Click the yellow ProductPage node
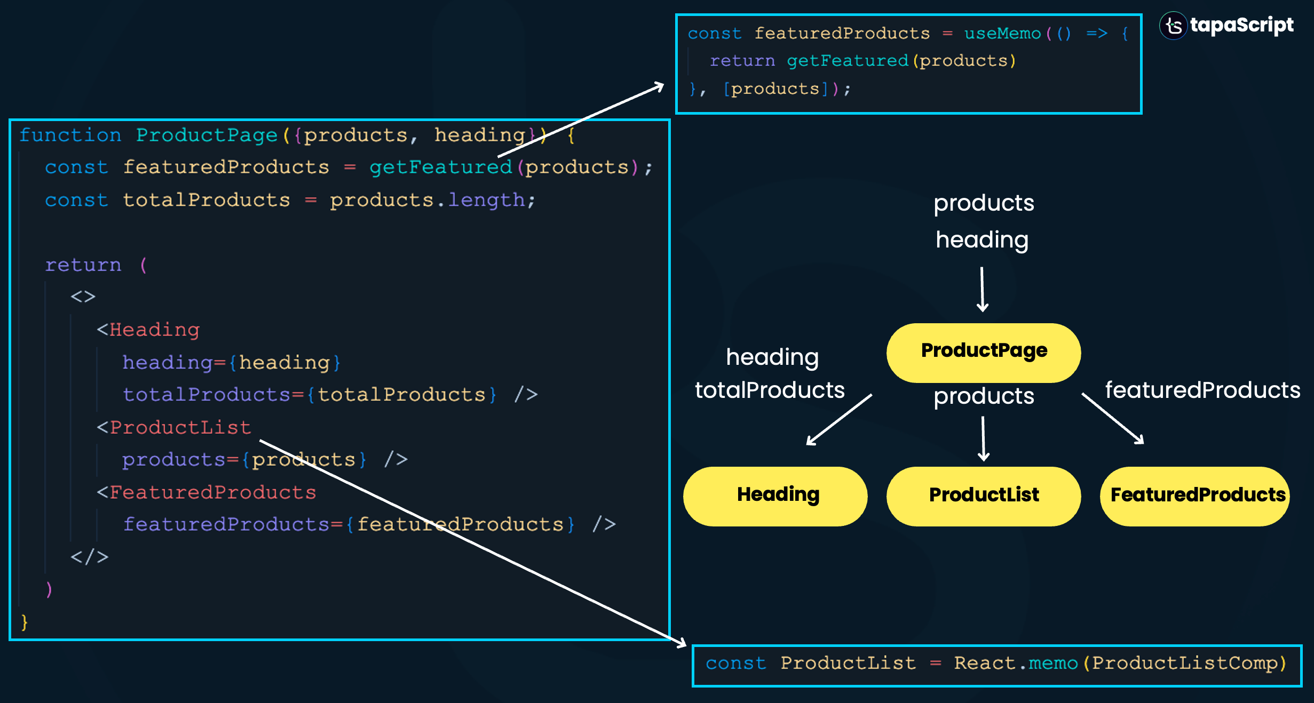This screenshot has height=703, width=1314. pyautogui.click(x=983, y=352)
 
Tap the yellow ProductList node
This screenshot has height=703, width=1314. pyautogui.click(x=983, y=496)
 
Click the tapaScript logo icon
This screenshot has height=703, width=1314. pyautogui.click(x=1173, y=26)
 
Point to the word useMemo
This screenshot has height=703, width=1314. pyautogui.click(x=1002, y=34)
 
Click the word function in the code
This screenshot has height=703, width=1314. pyautogui.click(x=70, y=135)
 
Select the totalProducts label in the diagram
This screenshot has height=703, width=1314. pyautogui.click(x=770, y=390)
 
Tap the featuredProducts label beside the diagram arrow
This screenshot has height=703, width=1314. pyautogui.click(x=1202, y=390)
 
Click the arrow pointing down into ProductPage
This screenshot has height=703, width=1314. pyautogui.click(x=982, y=290)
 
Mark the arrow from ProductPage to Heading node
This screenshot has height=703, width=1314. pyautogui.click(x=839, y=419)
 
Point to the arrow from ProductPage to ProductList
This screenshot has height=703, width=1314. pyautogui.click(x=983, y=439)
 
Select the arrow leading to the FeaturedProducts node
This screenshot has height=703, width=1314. pyautogui.click(x=1113, y=419)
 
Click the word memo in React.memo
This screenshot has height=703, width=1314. pyautogui.click(x=1053, y=663)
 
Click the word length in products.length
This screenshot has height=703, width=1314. pyautogui.click(x=486, y=200)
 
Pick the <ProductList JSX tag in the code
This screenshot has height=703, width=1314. pyautogui.click(x=174, y=428)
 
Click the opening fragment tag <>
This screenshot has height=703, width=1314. pyautogui.click(x=83, y=297)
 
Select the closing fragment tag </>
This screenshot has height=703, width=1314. pyautogui.click(x=89, y=557)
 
